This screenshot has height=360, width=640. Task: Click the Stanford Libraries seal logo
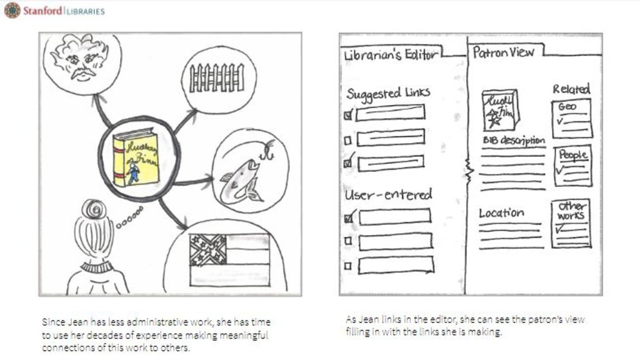click(12, 10)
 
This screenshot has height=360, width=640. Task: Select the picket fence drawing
click(217, 78)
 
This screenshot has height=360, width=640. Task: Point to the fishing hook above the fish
click(269, 150)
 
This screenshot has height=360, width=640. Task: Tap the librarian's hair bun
click(94, 209)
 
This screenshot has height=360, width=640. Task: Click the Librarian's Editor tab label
click(390, 55)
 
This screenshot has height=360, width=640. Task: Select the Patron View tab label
click(503, 52)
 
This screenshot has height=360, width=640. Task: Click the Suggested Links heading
click(388, 94)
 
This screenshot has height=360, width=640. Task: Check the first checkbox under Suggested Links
click(349, 114)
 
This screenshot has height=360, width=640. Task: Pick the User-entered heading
click(388, 194)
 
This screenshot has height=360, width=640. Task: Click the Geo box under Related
click(572, 118)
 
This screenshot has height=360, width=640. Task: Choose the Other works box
click(571, 223)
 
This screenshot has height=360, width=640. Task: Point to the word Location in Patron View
click(501, 213)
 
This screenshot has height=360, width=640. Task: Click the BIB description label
click(513, 141)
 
